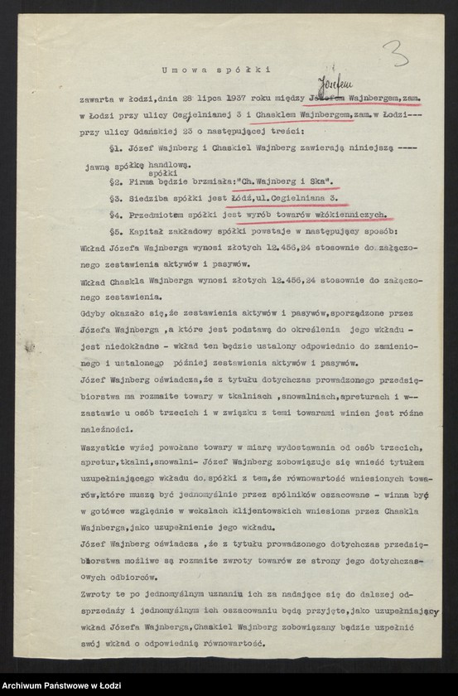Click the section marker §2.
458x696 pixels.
116,179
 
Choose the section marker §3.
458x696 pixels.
116,199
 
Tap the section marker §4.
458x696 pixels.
116,215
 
